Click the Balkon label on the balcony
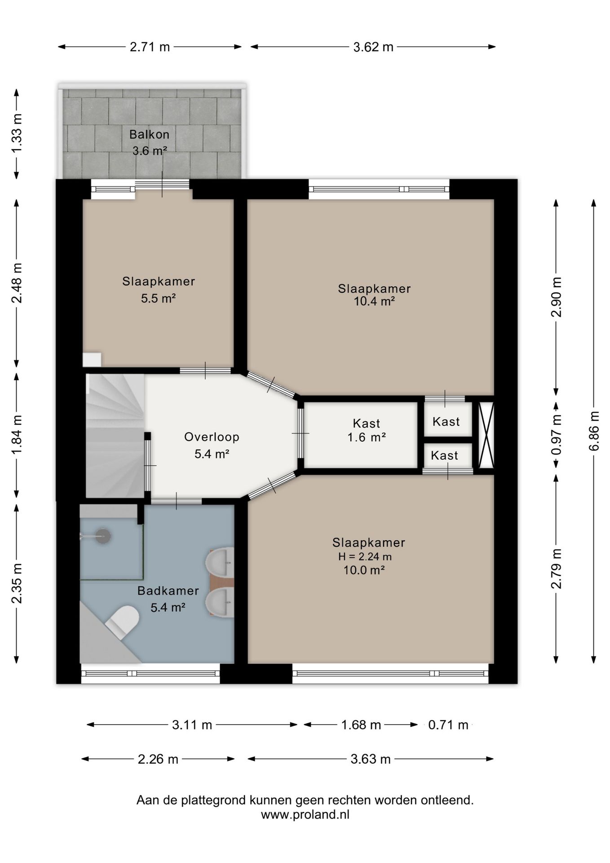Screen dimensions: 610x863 tap(149, 134)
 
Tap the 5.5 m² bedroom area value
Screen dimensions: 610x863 tap(158, 298)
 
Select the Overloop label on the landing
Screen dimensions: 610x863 tap(212, 437)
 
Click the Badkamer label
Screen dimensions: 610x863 tap(168, 591)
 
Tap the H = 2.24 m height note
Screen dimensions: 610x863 tap(365, 556)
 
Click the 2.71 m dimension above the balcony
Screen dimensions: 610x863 tap(150, 47)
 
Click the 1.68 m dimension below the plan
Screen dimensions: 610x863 tap(361, 725)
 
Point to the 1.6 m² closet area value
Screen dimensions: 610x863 tap(367, 437)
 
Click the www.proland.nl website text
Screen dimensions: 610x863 tap(305, 814)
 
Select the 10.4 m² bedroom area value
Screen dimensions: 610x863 tap(374, 301)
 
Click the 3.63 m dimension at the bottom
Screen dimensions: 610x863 tap(371, 759)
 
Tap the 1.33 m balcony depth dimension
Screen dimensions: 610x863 tap(17, 133)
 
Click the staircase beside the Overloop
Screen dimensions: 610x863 tap(115, 436)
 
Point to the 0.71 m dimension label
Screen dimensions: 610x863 tap(448, 725)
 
